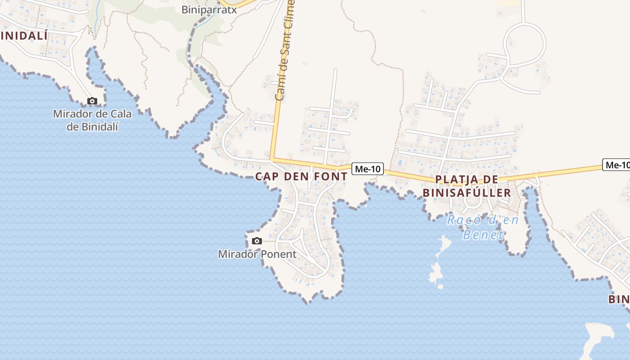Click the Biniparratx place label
209,9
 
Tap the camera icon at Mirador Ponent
257,241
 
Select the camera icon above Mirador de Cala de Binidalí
92,101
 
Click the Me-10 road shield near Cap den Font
367,169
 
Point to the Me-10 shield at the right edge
617,165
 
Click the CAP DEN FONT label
301,176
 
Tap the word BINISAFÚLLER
467,193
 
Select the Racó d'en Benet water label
482,227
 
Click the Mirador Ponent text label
257,254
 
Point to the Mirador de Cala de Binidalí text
92,120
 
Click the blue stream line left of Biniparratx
96,18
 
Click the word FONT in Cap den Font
331,176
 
